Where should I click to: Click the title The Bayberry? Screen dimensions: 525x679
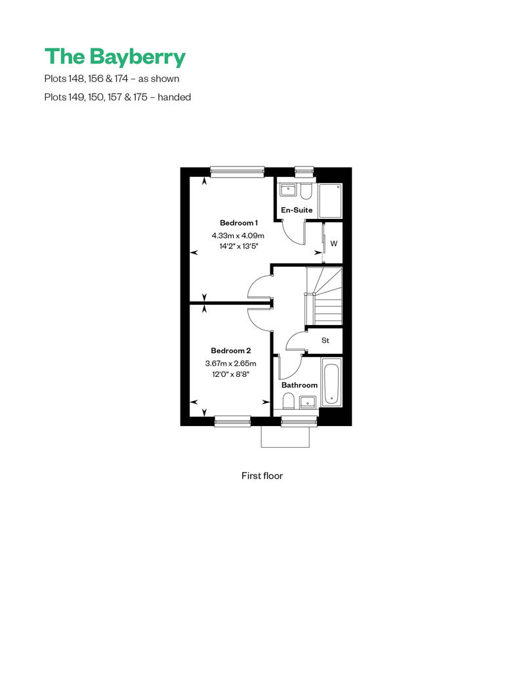click(x=115, y=57)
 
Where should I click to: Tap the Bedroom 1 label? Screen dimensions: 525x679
click(x=239, y=223)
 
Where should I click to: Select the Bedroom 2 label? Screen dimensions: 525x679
click(x=231, y=351)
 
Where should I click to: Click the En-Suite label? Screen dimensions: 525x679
click(x=297, y=210)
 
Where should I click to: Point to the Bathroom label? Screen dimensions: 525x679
click(x=299, y=385)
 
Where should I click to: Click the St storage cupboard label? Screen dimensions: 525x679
click(x=325, y=340)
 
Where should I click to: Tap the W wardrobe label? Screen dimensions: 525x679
click(x=334, y=244)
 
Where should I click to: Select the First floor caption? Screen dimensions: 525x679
click(x=262, y=475)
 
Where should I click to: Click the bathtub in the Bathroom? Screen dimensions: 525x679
click(x=331, y=383)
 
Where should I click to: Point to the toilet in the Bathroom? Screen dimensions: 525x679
click(x=289, y=400)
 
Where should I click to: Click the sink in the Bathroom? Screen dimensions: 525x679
click(x=308, y=402)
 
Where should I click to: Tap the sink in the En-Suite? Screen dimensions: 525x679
click(x=287, y=190)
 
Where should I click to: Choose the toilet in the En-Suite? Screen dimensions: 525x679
click(x=306, y=192)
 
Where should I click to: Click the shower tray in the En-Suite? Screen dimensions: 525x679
click(x=330, y=201)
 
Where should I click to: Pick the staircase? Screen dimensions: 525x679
click(x=324, y=296)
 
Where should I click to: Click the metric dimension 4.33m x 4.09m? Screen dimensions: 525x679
click(x=238, y=236)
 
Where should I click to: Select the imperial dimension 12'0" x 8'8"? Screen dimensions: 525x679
click(x=230, y=374)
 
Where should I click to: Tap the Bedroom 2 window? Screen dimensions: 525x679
click(x=233, y=421)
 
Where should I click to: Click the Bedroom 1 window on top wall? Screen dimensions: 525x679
click(x=237, y=172)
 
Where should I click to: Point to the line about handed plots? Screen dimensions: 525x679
click(x=117, y=97)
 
